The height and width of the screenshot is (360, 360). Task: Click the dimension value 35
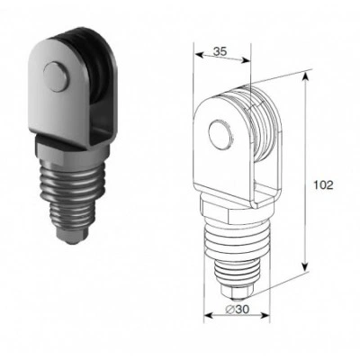point(220,51)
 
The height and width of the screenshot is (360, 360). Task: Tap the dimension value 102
point(323,185)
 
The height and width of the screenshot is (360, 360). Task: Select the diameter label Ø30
point(237,310)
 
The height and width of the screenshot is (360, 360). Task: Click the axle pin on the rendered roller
point(56,76)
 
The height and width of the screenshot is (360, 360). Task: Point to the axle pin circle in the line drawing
point(220,135)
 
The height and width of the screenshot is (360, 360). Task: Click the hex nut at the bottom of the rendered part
point(73,237)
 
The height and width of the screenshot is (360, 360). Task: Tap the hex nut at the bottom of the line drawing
point(237,290)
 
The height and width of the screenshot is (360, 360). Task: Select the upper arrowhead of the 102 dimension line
point(305,76)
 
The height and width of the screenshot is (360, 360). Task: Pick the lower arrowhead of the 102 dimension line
point(305,265)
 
